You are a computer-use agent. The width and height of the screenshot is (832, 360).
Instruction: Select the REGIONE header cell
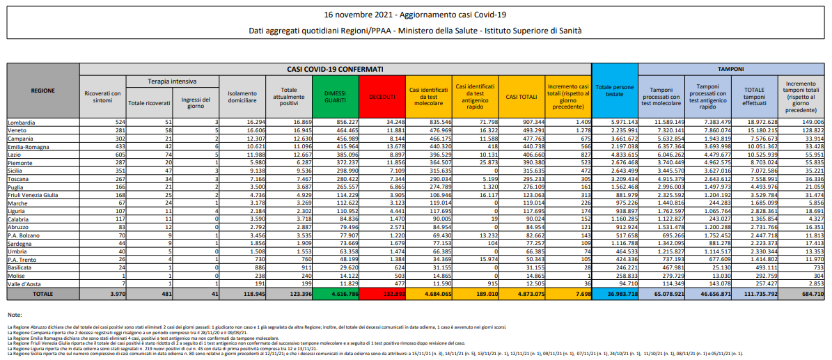(x=42, y=91)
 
